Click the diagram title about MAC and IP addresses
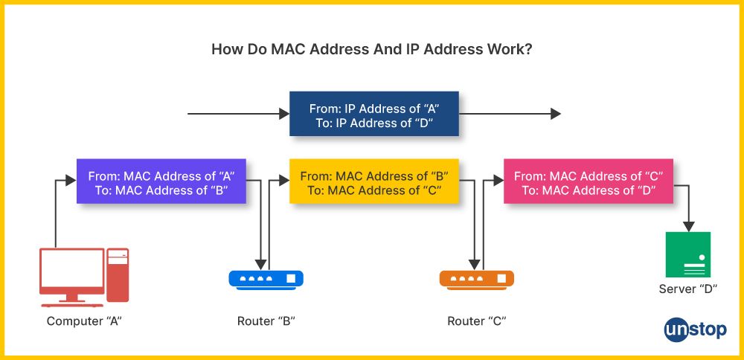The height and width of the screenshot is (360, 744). pos(371,50)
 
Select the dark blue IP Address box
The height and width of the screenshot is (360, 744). pos(373,114)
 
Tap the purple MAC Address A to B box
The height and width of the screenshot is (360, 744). pos(161,182)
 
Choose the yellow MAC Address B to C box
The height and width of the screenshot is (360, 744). pos(373,182)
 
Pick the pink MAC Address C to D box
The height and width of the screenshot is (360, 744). pos(589,182)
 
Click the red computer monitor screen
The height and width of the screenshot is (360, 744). pos(72,269)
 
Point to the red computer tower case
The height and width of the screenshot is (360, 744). pos(118,274)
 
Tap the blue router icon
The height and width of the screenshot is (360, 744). pos(266,279)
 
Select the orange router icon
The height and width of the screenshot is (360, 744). pos(476,279)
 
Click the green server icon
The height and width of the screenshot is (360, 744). pos(687,254)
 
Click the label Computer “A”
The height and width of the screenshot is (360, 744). pos(84,321)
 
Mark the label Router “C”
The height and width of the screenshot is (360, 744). pos(477,321)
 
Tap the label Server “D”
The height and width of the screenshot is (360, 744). pos(688,289)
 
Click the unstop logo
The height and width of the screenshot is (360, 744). pos(695,330)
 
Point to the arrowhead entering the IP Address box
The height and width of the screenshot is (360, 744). pos(283,114)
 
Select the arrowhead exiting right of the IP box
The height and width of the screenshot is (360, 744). pos(555,114)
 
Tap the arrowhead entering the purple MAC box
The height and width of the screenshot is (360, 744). pos(71,180)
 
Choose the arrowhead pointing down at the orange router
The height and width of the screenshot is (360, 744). pos(473,264)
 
